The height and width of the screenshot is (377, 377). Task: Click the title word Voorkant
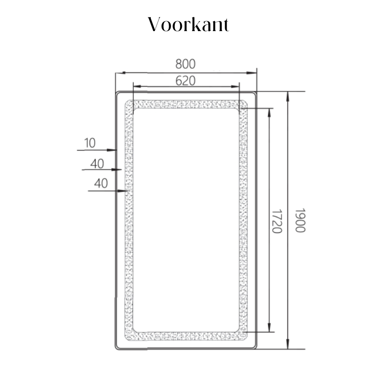[x=188, y=25]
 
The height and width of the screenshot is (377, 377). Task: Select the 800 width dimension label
[x=185, y=64]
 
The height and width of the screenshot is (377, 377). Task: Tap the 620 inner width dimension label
[x=185, y=81]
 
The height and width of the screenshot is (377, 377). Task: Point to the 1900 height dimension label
[x=300, y=221]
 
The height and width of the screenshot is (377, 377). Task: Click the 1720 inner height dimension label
[x=277, y=221]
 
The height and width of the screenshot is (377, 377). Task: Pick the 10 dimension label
[x=90, y=143]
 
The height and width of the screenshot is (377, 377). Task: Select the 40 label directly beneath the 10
[x=97, y=164]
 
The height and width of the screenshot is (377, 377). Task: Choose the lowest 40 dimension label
[x=101, y=183]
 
